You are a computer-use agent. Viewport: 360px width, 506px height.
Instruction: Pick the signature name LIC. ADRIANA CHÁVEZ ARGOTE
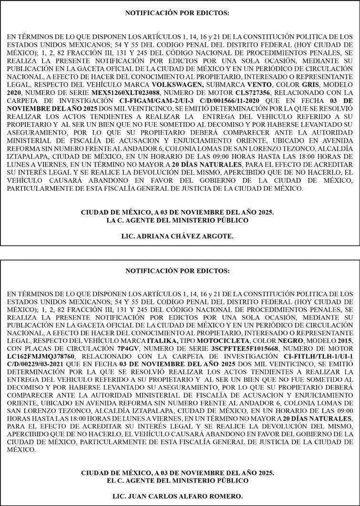click(x=177, y=236)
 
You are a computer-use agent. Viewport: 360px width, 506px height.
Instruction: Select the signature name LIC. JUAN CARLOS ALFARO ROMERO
click(x=177, y=496)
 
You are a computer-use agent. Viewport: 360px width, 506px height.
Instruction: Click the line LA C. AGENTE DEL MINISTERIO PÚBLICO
click(x=177, y=220)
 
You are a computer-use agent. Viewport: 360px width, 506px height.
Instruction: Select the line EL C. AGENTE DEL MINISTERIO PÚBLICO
click(x=177, y=480)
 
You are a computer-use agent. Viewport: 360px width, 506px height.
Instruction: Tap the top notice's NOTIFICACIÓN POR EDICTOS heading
click(x=177, y=13)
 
